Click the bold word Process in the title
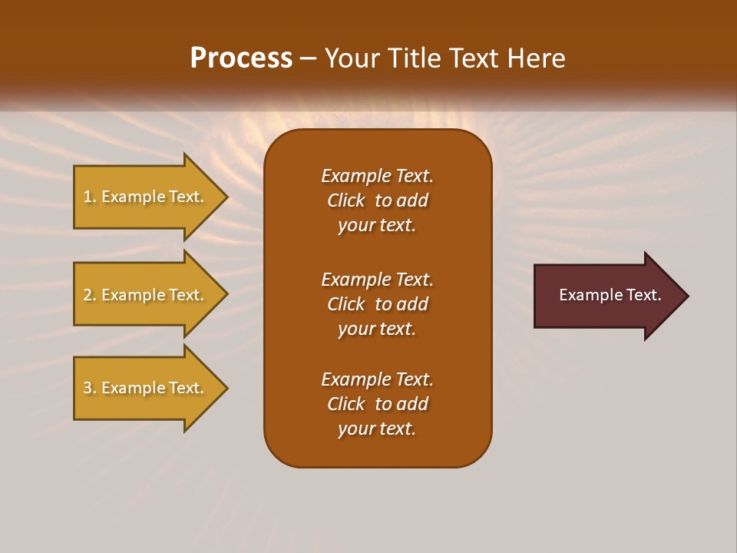(241, 58)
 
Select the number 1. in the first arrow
(90, 197)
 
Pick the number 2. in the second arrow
(90, 295)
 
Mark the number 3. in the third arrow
(90, 388)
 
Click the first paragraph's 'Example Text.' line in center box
(377, 176)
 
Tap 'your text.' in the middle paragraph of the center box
(377, 329)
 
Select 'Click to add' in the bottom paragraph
(377, 404)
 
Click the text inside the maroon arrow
(610, 295)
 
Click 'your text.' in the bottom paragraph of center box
(377, 429)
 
